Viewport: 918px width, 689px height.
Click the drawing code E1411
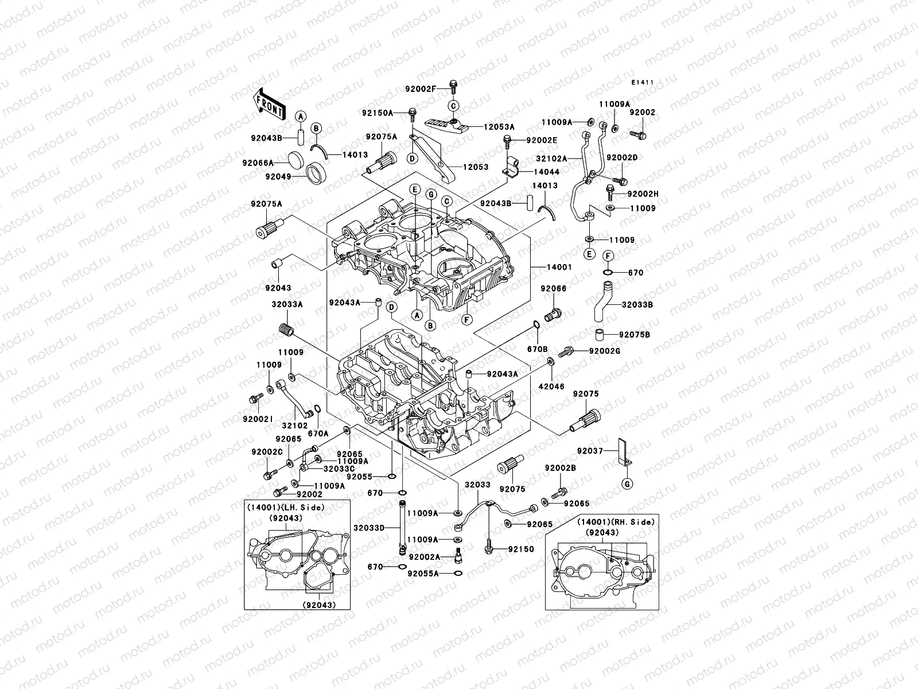coord(643,83)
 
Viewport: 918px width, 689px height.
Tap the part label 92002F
coord(421,89)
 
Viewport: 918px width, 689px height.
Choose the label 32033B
coord(638,305)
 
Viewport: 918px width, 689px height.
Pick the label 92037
coord(590,451)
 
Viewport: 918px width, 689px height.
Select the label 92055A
coord(423,573)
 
